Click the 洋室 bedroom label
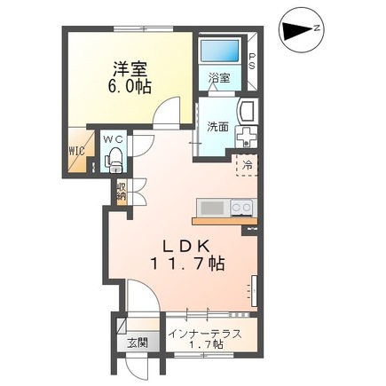click(130, 70)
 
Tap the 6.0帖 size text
click(130, 86)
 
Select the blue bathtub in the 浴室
click(219, 51)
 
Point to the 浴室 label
click(219, 78)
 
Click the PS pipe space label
click(252, 61)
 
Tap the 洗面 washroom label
click(217, 127)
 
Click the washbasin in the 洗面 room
click(248, 111)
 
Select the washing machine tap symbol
click(246, 137)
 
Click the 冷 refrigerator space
click(247, 165)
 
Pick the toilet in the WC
click(114, 161)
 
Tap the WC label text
click(113, 139)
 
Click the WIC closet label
click(77, 151)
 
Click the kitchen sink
click(212, 208)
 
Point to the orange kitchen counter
click(225, 221)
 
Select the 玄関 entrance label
click(138, 343)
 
